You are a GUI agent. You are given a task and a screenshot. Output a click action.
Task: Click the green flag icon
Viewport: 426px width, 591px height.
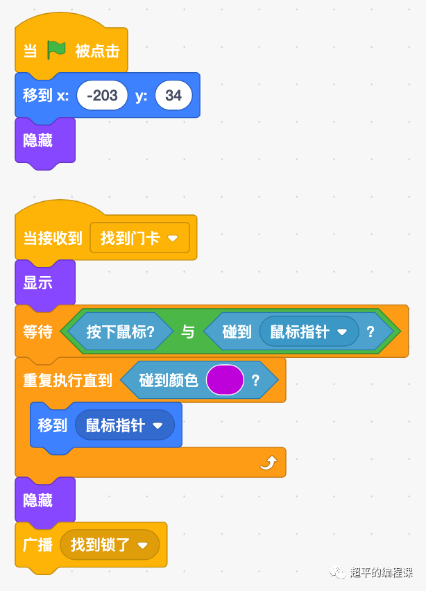(56, 51)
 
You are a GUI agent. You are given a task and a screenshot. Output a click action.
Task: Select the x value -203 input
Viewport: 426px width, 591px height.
(103, 96)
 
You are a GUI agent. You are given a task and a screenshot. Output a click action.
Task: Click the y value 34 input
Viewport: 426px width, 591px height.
(173, 96)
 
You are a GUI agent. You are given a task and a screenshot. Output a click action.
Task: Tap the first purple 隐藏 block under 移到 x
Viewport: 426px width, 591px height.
(38, 140)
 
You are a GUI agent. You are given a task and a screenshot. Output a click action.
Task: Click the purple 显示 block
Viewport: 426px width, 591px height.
(38, 283)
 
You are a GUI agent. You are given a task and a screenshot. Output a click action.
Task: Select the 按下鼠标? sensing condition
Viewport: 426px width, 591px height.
(120, 332)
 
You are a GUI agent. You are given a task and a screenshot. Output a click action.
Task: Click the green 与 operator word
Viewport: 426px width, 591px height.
(187, 332)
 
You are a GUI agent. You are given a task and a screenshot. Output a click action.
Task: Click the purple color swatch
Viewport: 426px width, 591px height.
(225, 380)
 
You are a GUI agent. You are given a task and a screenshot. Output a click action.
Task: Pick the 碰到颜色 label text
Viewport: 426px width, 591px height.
(169, 380)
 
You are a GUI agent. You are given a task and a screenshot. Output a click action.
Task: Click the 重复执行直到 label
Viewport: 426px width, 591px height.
(67, 380)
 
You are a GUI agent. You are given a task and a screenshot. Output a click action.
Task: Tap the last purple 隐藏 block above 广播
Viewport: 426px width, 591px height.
(38, 499)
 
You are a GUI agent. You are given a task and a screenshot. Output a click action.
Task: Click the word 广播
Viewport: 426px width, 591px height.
(37, 545)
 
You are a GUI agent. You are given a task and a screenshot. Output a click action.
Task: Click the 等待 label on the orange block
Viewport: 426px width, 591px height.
(37, 332)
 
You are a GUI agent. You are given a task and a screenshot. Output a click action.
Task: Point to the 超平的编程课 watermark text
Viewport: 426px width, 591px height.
(381, 572)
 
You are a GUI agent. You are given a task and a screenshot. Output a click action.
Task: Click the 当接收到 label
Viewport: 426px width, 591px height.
(53, 238)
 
